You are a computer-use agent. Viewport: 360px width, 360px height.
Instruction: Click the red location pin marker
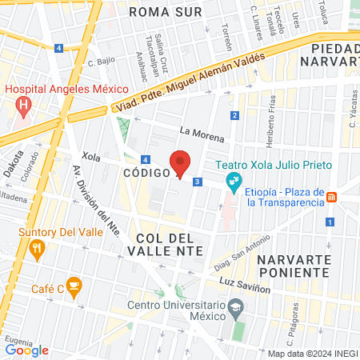[180, 163]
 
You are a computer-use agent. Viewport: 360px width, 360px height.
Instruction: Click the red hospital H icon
[23, 105]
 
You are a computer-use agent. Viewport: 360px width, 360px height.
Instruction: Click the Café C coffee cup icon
[74, 284]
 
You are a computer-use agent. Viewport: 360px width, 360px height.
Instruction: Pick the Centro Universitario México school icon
[236, 306]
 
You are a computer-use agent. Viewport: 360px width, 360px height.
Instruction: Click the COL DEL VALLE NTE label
[166, 245]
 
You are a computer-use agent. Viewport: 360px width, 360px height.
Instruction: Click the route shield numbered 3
[197, 182]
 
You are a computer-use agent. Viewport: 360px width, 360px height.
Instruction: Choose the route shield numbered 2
[234, 116]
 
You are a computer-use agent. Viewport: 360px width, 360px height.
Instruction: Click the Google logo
[27, 350]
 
